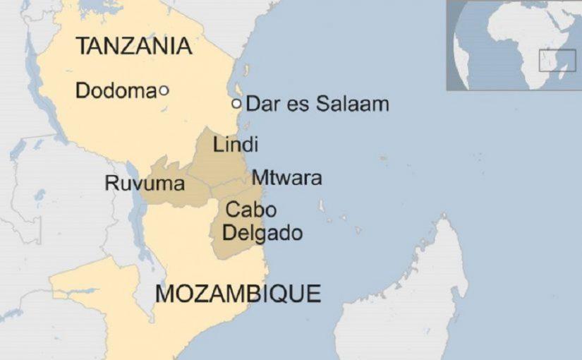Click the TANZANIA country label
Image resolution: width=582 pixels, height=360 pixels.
(133, 46)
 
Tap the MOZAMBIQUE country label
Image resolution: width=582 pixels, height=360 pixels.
(238, 292)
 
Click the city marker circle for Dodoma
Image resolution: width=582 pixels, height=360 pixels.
(164, 90)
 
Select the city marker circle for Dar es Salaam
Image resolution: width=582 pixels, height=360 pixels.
(236, 104)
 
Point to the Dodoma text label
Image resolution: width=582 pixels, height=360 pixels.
(115, 90)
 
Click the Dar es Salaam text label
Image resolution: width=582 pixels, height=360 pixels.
(317, 104)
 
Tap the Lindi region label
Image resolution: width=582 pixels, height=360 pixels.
(236, 145)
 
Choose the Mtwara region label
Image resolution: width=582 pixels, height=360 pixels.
(286, 178)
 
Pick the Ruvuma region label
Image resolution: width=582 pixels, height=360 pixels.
(145, 184)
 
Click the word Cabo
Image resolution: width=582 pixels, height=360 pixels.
(250, 210)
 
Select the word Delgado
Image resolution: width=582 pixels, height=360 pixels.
(262, 232)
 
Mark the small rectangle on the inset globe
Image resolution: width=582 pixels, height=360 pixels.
(557, 60)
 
